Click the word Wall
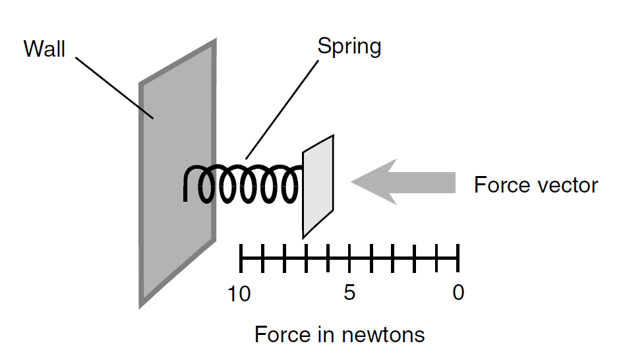pos(44,49)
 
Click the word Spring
pos(349,47)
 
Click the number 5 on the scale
pos(349,293)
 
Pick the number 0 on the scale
pos(458,293)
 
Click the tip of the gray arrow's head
pos(351,182)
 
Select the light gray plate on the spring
pos(318,186)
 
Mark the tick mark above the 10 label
pos(241,258)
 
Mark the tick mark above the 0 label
pos(458,258)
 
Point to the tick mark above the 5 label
pos(349,258)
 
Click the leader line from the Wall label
pos(115,88)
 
